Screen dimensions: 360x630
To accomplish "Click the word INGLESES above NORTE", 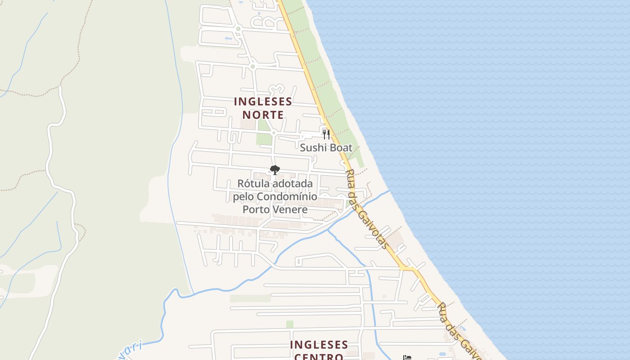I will click(x=263, y=102).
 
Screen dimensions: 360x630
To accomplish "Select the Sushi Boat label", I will click(x=326, y=148).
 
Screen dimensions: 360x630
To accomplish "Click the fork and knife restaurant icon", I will click(x=326, y=134).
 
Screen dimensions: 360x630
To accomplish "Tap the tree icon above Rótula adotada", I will click(x=274, y=170).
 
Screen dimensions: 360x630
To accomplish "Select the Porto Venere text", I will click(x=275, y=209).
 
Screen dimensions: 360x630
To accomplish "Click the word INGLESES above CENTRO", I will click(x=319, y=345).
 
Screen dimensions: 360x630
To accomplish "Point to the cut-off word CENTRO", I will click(x=319, y=356).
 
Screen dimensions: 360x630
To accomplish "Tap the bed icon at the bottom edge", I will click(x=407, y=358).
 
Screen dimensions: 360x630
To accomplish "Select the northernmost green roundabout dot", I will click(x=238, y=29).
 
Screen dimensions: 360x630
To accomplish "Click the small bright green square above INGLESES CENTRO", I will click(x=289, y=324).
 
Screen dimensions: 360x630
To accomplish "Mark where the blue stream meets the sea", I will click(x=388, y=191).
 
